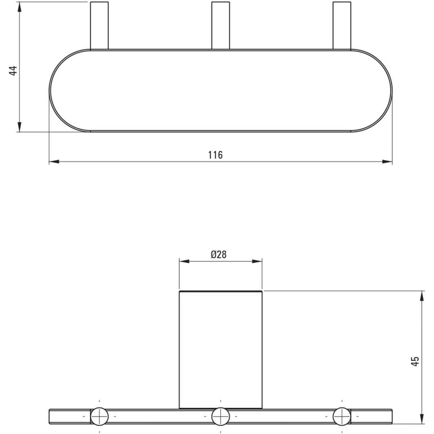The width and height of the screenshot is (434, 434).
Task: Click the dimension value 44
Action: (x=13, y=71)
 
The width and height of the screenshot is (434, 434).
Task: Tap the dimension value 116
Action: (x=215, y=155)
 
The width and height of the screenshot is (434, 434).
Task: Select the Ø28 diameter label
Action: (x=218, y=255)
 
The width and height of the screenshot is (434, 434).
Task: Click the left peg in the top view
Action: (x=99, y=25)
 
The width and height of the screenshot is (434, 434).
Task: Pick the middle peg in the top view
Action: (x=221, y=25)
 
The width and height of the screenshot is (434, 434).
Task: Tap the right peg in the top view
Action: (x=342, y=25)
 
